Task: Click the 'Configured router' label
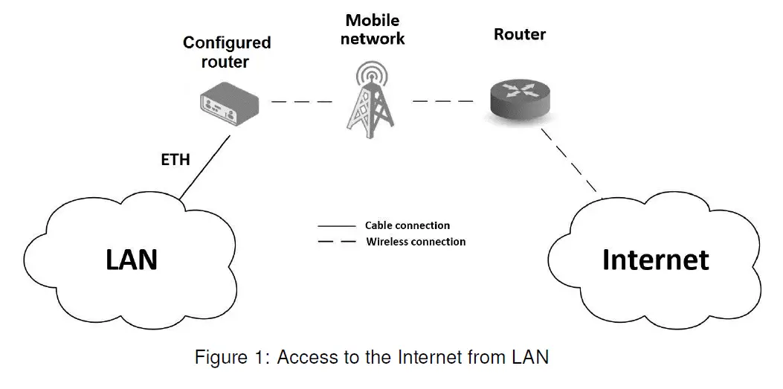point(226,52)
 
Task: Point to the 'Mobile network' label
point(373,29)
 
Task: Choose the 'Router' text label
point(520,34)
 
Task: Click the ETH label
point(175,159)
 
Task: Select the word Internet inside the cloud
point(654,259)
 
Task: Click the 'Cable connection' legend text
point(407,225)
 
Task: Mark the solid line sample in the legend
point(335,225)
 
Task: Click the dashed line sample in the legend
point(335,242)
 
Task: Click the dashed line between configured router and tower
point(301,101)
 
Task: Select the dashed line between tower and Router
point(442,101)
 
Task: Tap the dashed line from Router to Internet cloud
point(570,161)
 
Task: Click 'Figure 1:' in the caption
point(231,358)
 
